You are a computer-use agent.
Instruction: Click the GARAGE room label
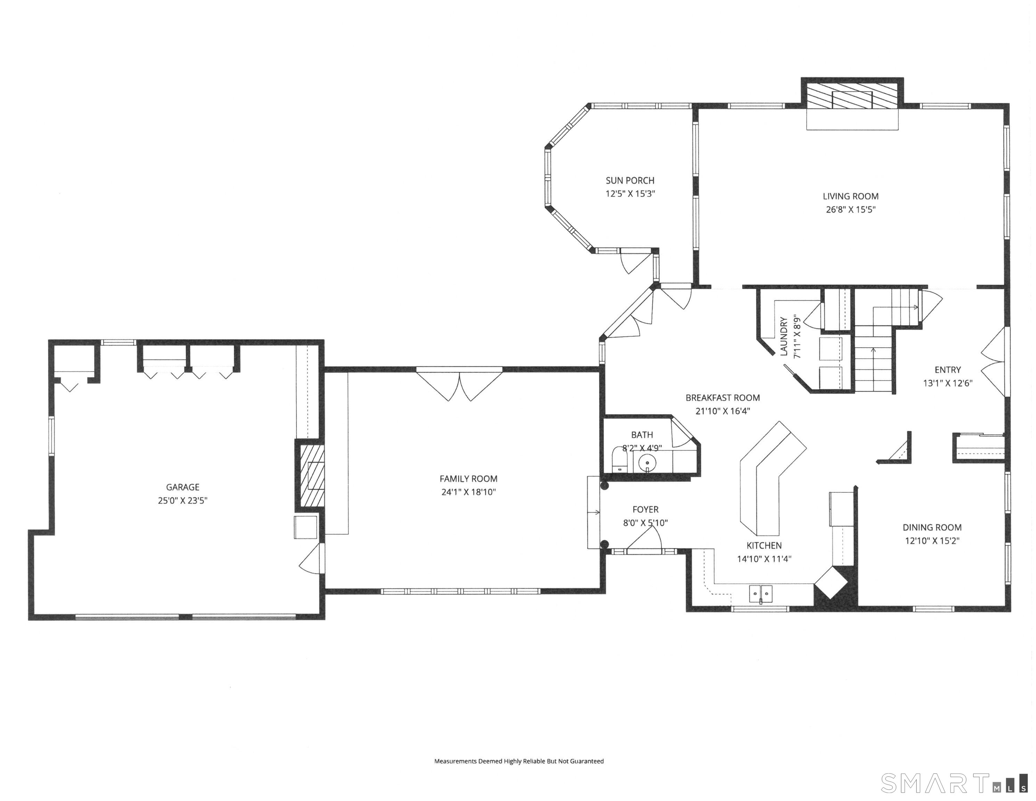[x=183, y=487]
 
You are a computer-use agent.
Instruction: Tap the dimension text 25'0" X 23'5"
[x=183, y=500]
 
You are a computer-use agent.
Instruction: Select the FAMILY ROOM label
[x=468, y=479]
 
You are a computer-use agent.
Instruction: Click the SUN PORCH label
[x=630, y=180]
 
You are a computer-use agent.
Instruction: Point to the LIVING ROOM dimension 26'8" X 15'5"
[x=850, y=209]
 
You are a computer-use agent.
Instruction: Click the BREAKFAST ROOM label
[x=722, y=398]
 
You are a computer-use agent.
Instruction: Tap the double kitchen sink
[x=760, y=593]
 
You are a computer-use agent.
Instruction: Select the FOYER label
[x=645, y=509]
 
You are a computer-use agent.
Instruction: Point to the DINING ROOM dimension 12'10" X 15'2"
[x=932, y=540]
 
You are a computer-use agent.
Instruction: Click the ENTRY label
[x=947, y=370]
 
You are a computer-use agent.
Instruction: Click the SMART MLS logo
[x=953, y=783]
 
